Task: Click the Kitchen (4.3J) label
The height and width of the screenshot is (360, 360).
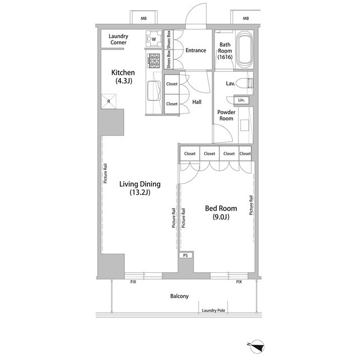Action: (123, 76)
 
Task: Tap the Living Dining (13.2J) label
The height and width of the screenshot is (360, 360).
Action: (140, 188)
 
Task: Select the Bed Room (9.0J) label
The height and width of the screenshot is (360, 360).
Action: (221, 213)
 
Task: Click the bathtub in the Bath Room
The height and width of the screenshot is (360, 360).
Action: (244, 49)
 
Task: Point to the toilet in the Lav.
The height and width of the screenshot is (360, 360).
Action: (244, 83)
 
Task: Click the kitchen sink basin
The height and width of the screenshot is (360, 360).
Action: (154, 91)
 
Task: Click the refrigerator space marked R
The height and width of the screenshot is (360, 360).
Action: (109, 101)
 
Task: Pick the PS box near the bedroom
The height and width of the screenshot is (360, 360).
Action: (186, 255)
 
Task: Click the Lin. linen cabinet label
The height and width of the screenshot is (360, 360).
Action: (241, 100)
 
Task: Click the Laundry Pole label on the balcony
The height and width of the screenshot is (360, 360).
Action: (213, 310)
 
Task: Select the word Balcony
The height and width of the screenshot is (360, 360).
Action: (179, 296)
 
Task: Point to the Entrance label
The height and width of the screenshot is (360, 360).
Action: (196, 50)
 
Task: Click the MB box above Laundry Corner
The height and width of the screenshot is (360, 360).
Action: (144, 17)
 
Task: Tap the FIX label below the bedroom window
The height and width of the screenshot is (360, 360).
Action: (239, 282)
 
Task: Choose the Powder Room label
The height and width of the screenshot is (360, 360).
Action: (226, 115)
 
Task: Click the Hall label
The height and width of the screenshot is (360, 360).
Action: (197, 102)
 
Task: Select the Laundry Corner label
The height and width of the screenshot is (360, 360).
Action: (118, 39)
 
